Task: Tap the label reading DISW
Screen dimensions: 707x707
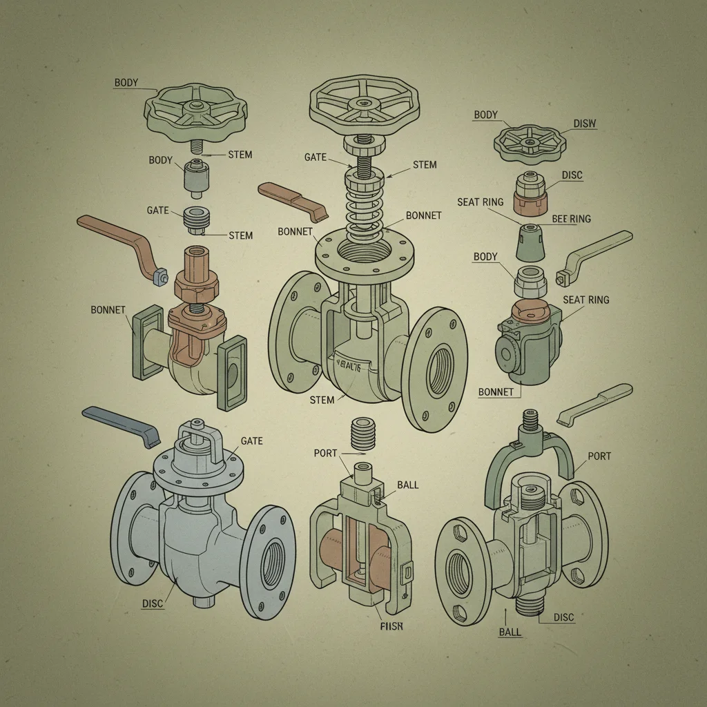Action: (584, 124)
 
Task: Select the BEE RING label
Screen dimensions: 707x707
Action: (571, 219)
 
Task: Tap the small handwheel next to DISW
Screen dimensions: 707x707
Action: (530, 142)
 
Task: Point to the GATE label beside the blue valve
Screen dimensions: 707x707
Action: (251, 440)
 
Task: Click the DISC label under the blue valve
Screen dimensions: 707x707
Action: (153, 603)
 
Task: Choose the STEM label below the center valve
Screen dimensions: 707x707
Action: (322, 400)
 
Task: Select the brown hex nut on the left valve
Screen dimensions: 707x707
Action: (197, 282)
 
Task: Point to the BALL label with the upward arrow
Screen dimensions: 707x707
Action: (510, 632)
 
